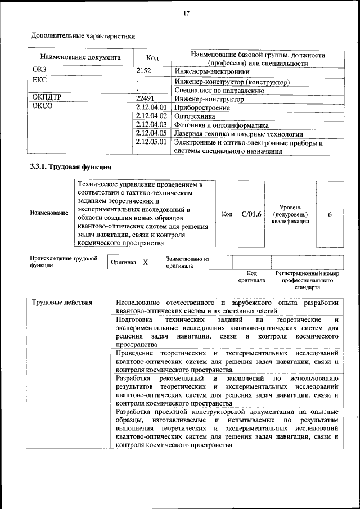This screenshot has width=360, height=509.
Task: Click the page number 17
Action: pos(186,13)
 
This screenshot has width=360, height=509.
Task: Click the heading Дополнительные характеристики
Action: pos(83,37)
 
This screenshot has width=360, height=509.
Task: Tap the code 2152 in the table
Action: pos(145,71)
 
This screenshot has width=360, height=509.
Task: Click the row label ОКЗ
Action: pos(40,70)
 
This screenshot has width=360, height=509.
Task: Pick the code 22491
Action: pos(147,98)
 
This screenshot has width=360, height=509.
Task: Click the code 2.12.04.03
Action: pos(152,124)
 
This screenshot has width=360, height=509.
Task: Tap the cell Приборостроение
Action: pos(202,107)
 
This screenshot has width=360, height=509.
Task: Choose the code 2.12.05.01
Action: pos(152,142)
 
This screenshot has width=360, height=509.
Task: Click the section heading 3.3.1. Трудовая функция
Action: pos(70,167)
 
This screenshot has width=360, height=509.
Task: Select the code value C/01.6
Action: pos(251,214)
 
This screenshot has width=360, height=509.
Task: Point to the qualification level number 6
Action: pos(330,214)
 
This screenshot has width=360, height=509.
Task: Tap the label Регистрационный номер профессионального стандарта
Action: pos(307,280)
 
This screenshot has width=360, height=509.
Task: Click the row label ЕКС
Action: pos(40,80)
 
